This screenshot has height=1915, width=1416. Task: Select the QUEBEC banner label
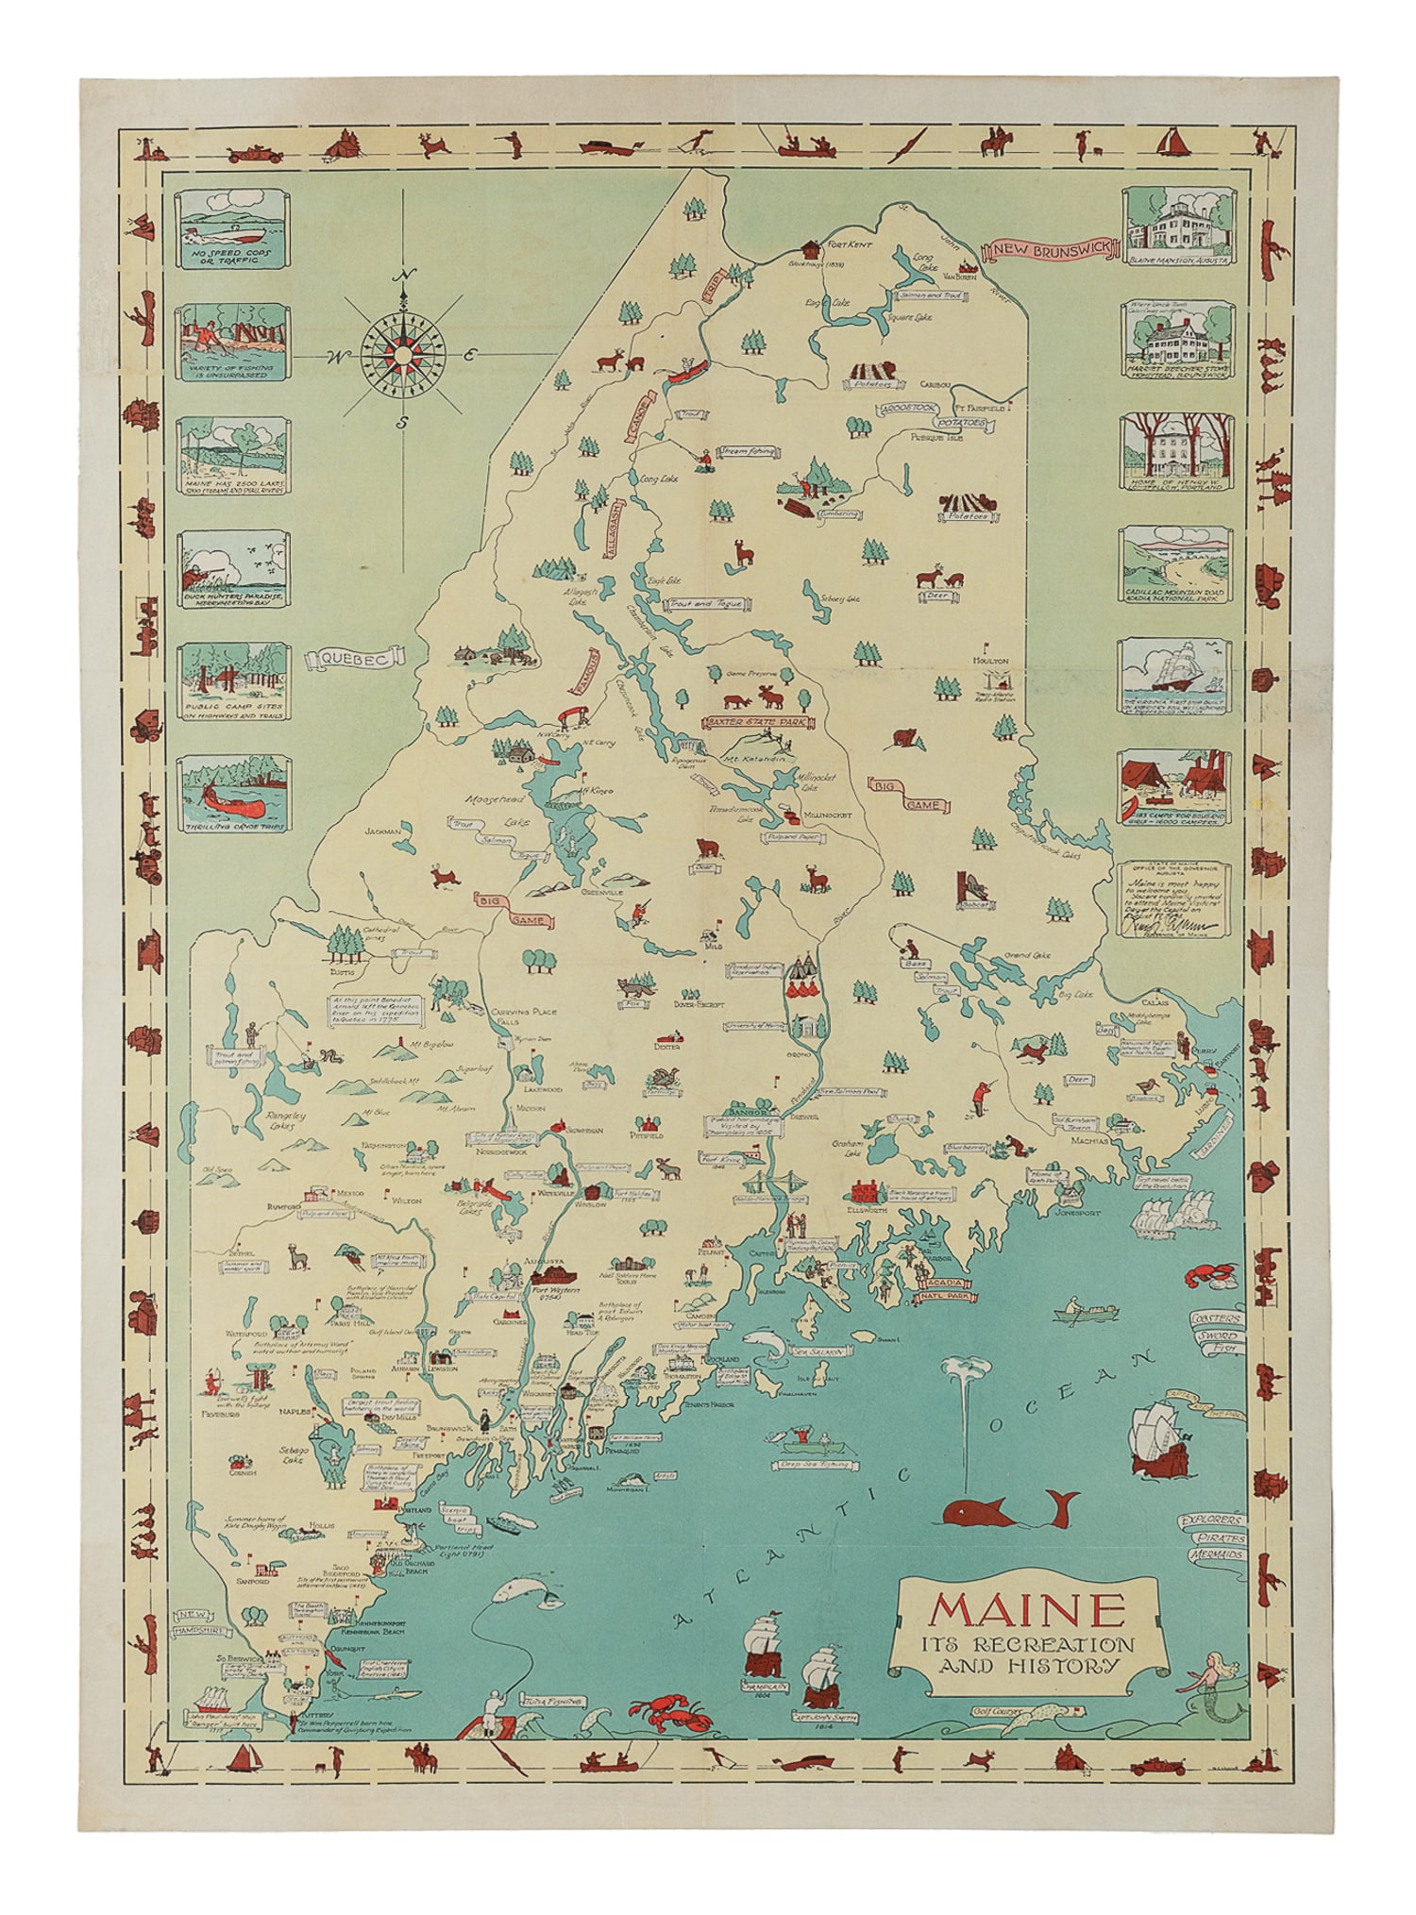click(353, 660)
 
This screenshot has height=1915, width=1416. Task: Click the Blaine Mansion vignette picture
click(1176, 225)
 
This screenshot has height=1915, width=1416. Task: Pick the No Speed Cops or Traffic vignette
click(232, 227)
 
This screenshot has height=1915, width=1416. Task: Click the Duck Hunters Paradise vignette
click(232, 567)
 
